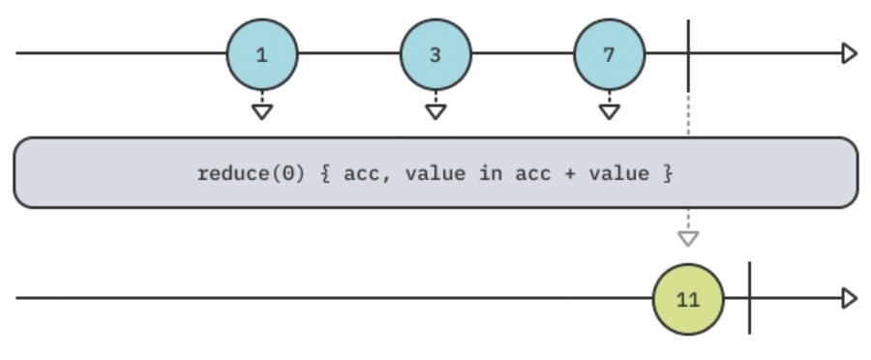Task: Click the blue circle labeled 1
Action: click(x=262, y=54)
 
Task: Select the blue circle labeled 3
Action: click(x=435, y=54)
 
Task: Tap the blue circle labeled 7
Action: click(x=609, y=54)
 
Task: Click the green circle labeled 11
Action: click(x=688, y=299)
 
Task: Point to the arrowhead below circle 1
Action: click(x=262, y=111)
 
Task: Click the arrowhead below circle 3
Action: click(x=435, y=111)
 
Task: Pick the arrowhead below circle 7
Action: click(x=609, y=111)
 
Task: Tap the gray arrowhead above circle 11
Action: click(x=688, y=238)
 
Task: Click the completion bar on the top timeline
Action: click(x=688, y=54)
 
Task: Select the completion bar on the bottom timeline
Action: click(x=749, y=298)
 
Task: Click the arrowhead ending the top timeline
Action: click(x=850, y=53)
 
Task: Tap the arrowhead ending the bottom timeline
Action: click(x=850, y=298)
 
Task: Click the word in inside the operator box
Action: click(x=489, y=174)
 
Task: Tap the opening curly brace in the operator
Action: click(x=325, y=174)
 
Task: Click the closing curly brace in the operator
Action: click(x=668, y=174)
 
